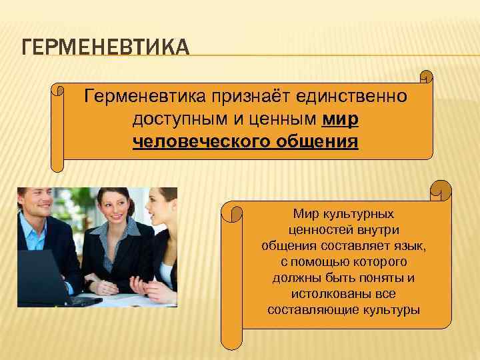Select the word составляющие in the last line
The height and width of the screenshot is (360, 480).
pos(305,310)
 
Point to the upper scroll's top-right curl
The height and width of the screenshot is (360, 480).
pos(425,78)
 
